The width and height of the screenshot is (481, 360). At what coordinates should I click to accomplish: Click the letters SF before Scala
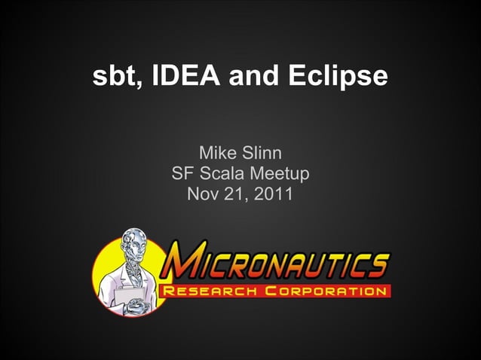pyautogui.click(x=182, y=175)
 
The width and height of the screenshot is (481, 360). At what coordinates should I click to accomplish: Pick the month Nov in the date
pyautogui.click(x=202, y=194)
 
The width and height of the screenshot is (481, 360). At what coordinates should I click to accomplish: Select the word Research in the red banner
pyautogui.click(x=212, y=290)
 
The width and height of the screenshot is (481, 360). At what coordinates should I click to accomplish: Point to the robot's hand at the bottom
pyautogui.click(x=140, y=304)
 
